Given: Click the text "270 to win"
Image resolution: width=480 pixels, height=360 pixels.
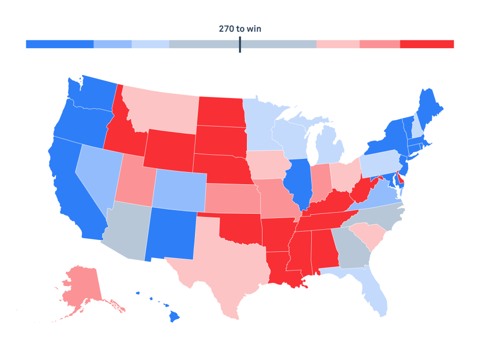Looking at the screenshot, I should tap(240, 29).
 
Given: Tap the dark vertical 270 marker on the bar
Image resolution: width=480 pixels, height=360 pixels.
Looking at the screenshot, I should tap(240, 45).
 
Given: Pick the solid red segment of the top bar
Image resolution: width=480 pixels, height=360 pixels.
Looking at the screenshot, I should tap(427, 44).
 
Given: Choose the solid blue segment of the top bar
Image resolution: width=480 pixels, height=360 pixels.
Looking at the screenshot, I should tap(60, 44).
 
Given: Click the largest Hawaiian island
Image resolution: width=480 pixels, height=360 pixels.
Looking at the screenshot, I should tap(174, 317).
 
